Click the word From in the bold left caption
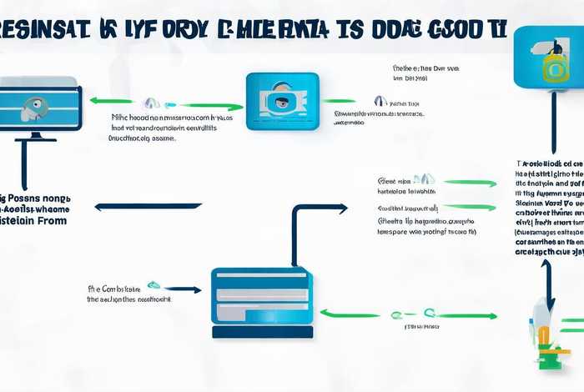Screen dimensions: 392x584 pos(49,222)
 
